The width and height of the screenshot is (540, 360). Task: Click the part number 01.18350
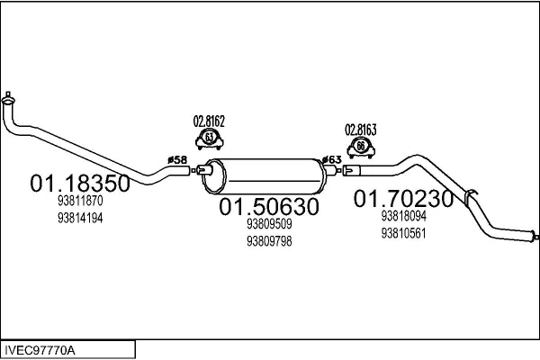80,184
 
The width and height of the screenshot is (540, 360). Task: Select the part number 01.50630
269,207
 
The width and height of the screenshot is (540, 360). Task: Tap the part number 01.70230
403,198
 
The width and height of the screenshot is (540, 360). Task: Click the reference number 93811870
80,201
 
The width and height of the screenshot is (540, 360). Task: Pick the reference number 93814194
80,218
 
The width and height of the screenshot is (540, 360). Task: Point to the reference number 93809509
269,224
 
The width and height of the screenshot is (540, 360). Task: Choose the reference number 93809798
269,241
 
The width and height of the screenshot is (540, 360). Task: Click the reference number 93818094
403,216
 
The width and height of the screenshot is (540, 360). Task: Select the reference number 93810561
403,233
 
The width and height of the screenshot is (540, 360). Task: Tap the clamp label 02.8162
209,121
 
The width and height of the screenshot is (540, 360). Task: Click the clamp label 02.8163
361,130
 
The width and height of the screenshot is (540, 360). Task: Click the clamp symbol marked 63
210,139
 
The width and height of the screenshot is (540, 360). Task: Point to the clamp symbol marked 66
361,148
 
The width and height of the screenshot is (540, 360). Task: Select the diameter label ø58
177,160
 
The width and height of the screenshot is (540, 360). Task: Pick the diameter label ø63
332,160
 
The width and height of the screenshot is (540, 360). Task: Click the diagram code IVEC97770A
40,350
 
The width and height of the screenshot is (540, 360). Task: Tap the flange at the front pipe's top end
8,99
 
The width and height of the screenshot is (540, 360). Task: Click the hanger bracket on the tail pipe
470,198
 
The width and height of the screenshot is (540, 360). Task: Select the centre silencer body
264,176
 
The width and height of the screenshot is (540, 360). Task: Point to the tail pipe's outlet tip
535,237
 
